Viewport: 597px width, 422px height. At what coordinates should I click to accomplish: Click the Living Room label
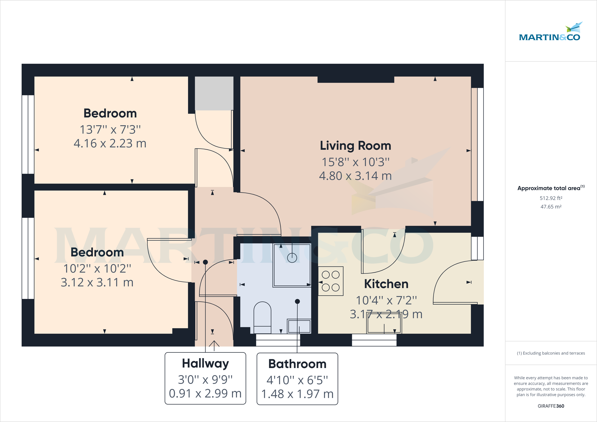click(x=355, y=146)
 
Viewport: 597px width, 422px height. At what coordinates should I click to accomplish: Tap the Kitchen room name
click(x=386, y=284)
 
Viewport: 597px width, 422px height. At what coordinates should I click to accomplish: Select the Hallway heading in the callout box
click(x=205, y=364)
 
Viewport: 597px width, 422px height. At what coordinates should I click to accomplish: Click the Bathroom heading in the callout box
click(x=297, y=364)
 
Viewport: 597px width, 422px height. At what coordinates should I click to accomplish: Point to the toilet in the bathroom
click(x=262, y=318)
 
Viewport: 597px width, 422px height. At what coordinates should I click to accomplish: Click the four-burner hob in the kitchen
click(x=331, y=281)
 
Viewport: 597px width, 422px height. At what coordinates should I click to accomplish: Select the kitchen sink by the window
click(x=384, y=323)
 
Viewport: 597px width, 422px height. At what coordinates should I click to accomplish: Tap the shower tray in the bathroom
click(x=292, y=266)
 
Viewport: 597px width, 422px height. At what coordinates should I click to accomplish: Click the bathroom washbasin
click(x=299, y=326)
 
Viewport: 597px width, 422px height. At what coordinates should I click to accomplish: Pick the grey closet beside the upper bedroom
click(x=214, y=93)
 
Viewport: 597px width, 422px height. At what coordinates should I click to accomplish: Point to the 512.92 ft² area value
click(x=551, y=198)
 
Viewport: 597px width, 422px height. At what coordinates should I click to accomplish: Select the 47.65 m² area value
click(x=551, y=207)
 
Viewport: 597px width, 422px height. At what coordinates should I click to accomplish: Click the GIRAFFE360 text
click(x=551, y=406)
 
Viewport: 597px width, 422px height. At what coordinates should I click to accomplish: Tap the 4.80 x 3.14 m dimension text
click(x=355, y=176)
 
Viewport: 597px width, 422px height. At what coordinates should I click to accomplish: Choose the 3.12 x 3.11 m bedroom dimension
click(x=97, y=282)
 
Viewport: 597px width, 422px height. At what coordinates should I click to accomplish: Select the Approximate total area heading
click(x=551, y=188)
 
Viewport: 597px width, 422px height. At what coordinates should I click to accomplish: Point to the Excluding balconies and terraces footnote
click(x=551, y=353)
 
